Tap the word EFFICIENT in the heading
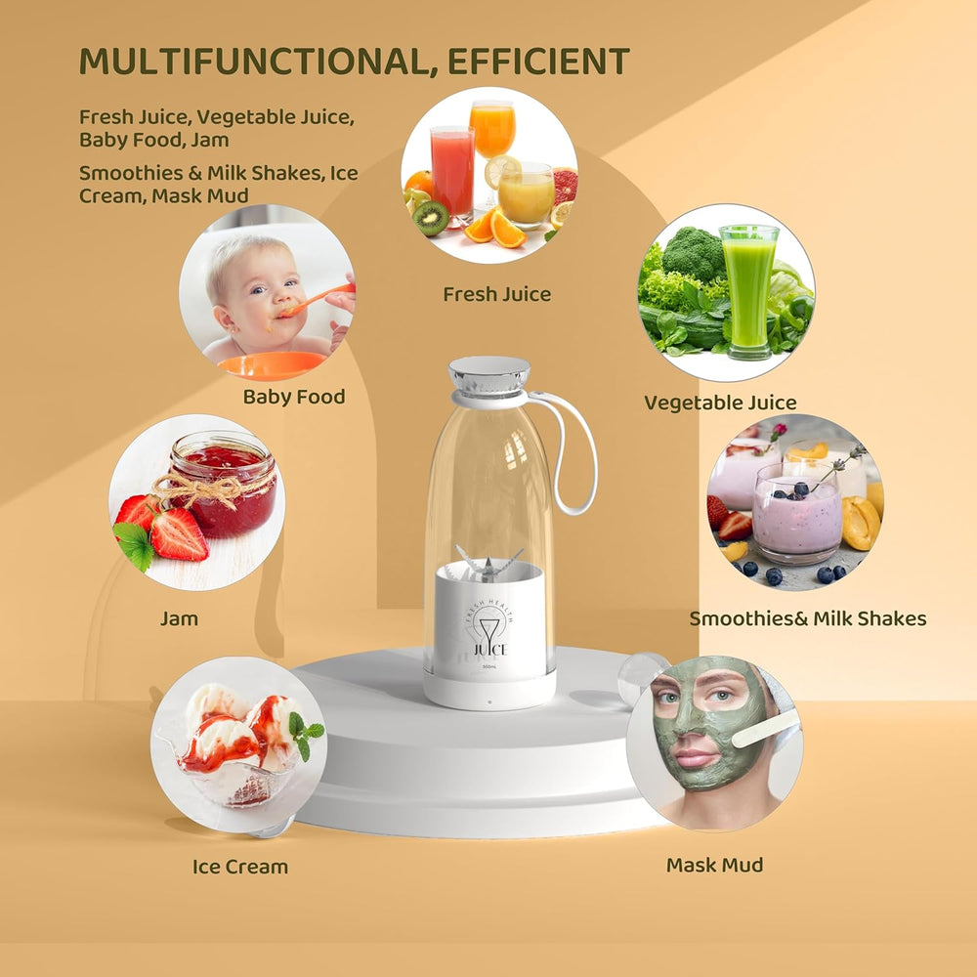click(x=538, y=62)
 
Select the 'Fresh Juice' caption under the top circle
click(x=496, y=294)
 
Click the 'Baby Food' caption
click(x=294, y=397)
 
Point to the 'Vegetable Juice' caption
click(x=720, y=403)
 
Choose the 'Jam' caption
click(x=180, y=618)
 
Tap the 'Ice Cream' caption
click(x=240, y=867)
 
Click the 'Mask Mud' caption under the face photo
click(x=714, y=865)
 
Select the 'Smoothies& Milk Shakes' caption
click(x=807, y=618)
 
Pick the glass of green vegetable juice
click(x=748, y=288)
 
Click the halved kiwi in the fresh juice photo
click(x=431, y=218)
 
